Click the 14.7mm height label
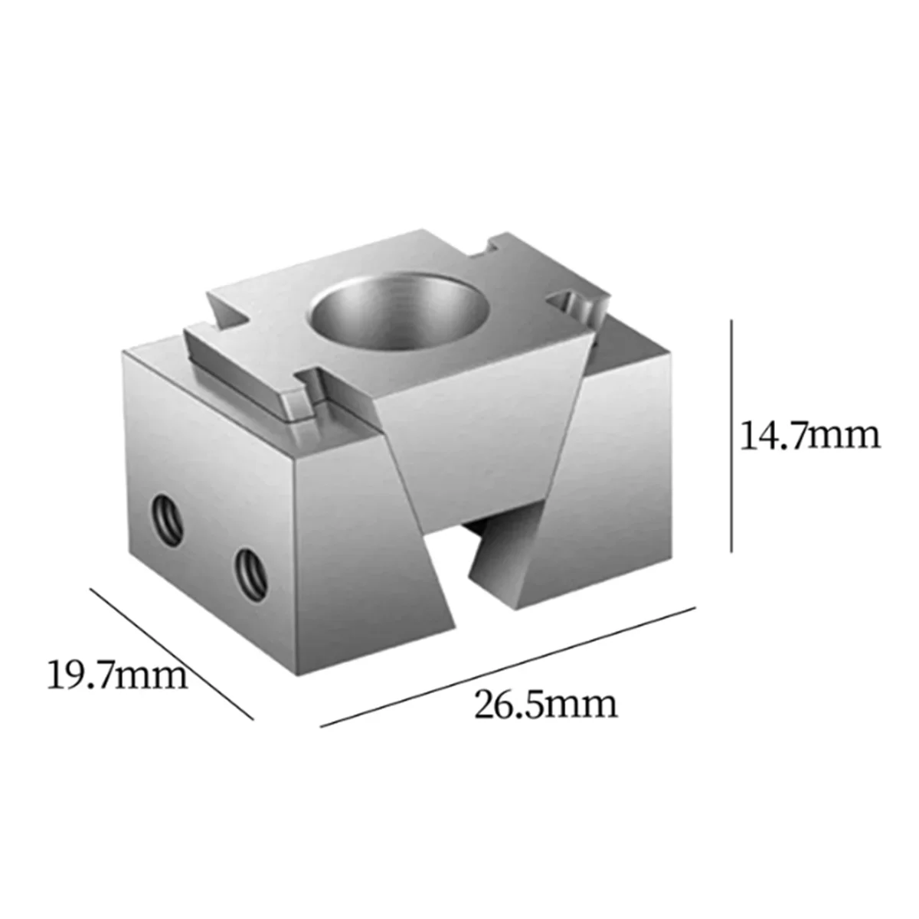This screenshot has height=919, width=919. (x=809, y=436)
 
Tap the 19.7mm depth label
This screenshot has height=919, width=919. (x=117, y=676)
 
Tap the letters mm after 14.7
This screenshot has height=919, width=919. (x=849, y=436)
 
